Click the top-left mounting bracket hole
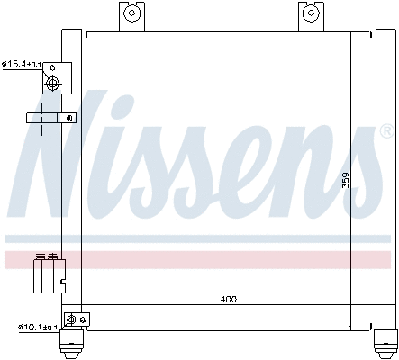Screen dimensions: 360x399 click(x=131, y=13)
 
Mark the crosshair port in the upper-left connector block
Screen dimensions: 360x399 click(x=52, y=85)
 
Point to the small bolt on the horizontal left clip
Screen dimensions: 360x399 click(x=67, y=118)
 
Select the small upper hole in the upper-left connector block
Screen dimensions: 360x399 click(x=56, y=69)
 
